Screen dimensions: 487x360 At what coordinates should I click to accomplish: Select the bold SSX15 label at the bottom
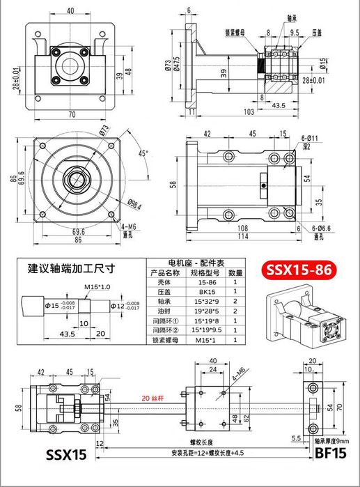pos(66,456)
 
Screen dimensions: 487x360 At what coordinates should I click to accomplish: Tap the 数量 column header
pos(235,272)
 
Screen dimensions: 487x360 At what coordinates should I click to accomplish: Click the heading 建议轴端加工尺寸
pos(70,268)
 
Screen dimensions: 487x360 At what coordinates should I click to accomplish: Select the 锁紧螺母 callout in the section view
pos(237,31)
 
